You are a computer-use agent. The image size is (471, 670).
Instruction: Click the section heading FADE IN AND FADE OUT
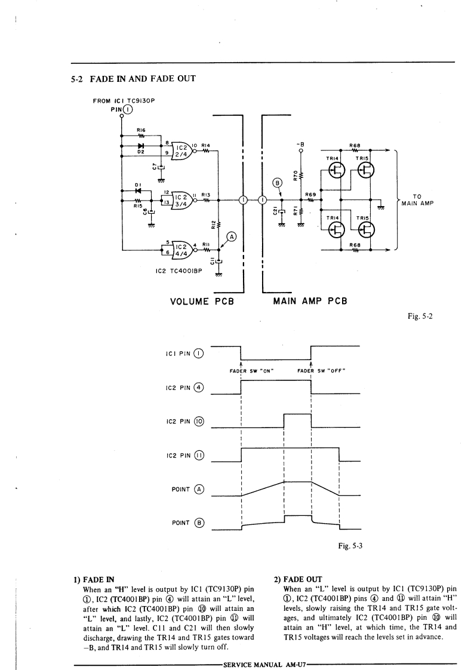click(133, 78)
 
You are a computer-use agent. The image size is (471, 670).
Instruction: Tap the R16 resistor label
click(141, 130)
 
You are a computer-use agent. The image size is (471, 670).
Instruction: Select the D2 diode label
click(141, 152)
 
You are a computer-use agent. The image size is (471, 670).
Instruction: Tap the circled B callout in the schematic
click(276, 183)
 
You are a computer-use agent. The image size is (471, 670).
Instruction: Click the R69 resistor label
click(310, 194)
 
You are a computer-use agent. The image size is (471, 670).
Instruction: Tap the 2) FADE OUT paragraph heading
click(298, 579)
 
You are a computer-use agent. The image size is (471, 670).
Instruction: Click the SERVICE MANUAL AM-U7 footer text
click(263, 661)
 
